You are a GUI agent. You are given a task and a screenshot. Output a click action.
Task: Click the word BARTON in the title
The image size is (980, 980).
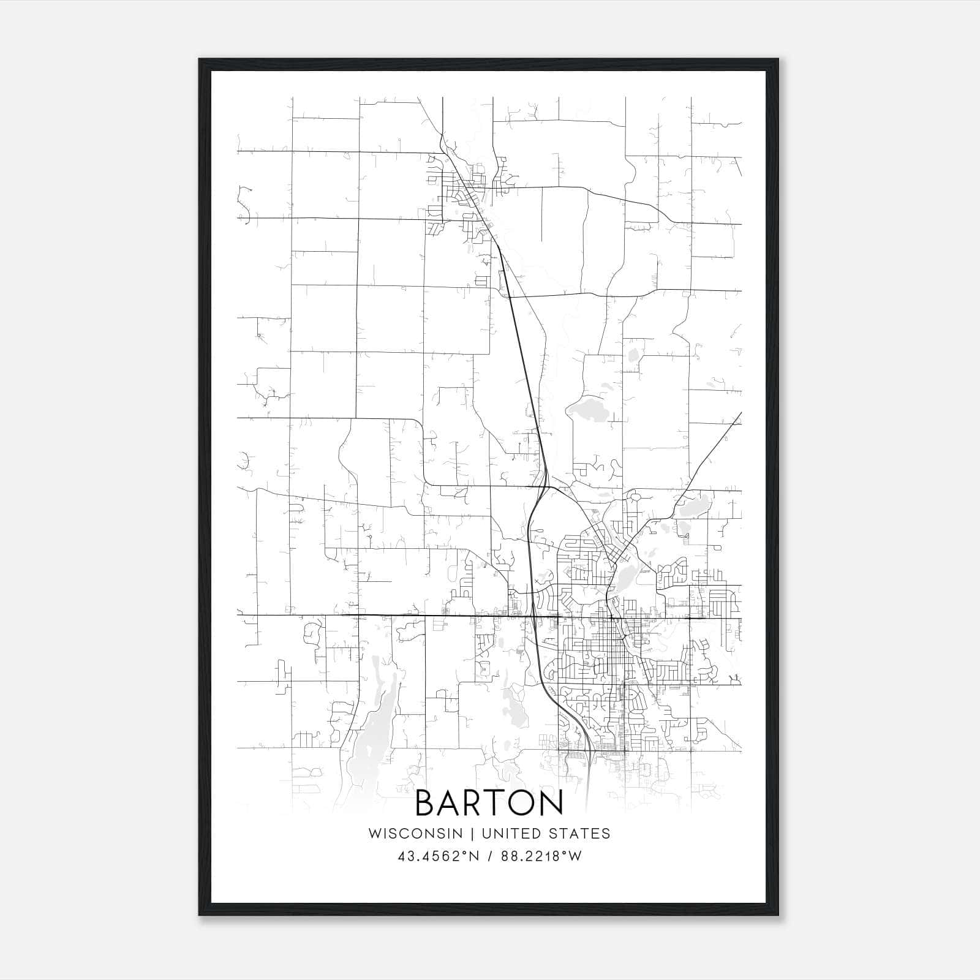pos(489,803)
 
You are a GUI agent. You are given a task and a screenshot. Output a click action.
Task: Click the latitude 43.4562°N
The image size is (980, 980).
pos(437,856)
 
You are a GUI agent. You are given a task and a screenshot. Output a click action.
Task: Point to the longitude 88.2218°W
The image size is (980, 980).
pos(541,856)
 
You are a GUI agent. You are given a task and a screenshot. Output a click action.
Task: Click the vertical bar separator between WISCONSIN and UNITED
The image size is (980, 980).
pos(472,834)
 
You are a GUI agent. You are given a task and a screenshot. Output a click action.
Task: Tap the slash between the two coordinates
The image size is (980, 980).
pos(489,856)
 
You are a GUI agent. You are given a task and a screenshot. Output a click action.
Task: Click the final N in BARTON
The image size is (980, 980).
pos(551,803)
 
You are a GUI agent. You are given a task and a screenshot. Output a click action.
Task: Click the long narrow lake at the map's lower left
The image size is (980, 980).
pos(377,717)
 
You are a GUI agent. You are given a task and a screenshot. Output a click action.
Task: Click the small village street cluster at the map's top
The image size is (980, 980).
pos(466,190)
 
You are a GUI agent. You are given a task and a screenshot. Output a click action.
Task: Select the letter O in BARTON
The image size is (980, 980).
pos(521,803)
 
